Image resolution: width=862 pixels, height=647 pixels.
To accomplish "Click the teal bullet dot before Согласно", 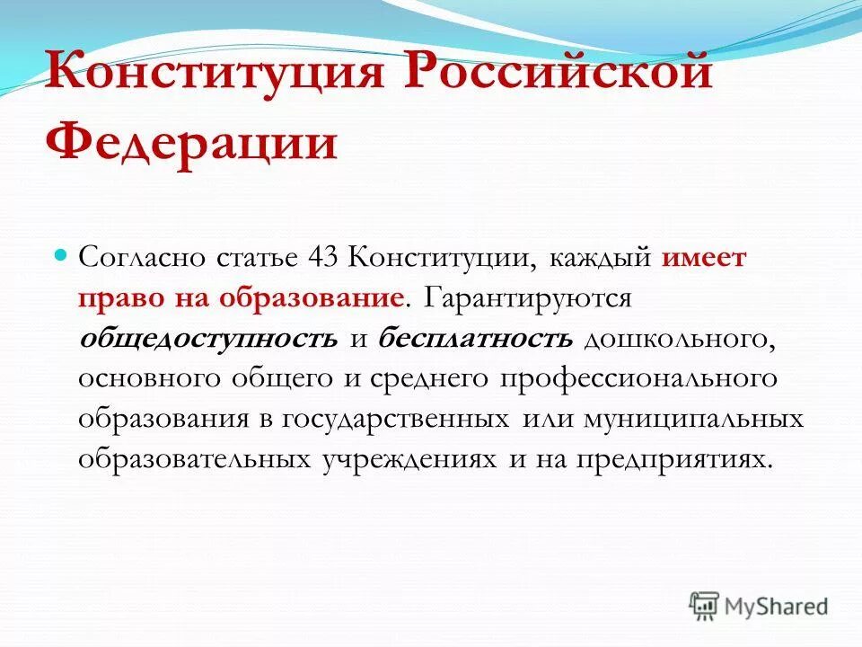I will pos(63,256).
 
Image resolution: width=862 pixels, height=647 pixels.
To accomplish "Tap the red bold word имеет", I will pos(704,258).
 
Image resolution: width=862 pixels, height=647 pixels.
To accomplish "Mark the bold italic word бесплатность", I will pos(475,339).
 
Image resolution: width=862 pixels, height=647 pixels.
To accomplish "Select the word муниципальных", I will pos(691,420).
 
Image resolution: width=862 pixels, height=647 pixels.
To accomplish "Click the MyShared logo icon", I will pos(706,606).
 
